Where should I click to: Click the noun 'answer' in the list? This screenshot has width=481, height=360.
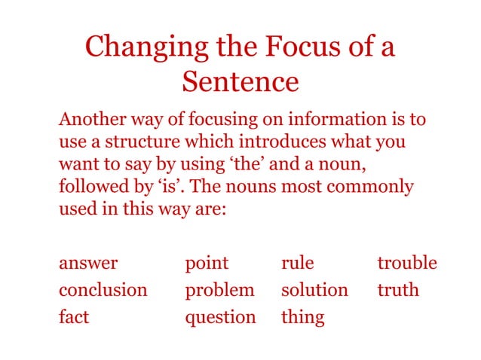pos(88,263)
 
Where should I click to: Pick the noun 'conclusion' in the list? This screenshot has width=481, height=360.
pos(103,290)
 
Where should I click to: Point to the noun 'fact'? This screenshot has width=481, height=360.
pos(74,317)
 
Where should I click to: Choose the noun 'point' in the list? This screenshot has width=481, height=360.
pos(207,263)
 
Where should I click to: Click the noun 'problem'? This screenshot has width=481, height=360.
pos(219,290)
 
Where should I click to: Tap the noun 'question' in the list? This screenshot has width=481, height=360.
pos(220,318)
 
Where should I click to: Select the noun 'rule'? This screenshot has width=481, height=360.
pos(297,263)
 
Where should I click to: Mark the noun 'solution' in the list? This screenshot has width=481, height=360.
pos(314,290)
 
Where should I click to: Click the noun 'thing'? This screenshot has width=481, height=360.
pos(302,318)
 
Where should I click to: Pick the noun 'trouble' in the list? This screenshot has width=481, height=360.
pos(407,263)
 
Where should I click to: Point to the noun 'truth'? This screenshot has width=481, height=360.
pos(397,290)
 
